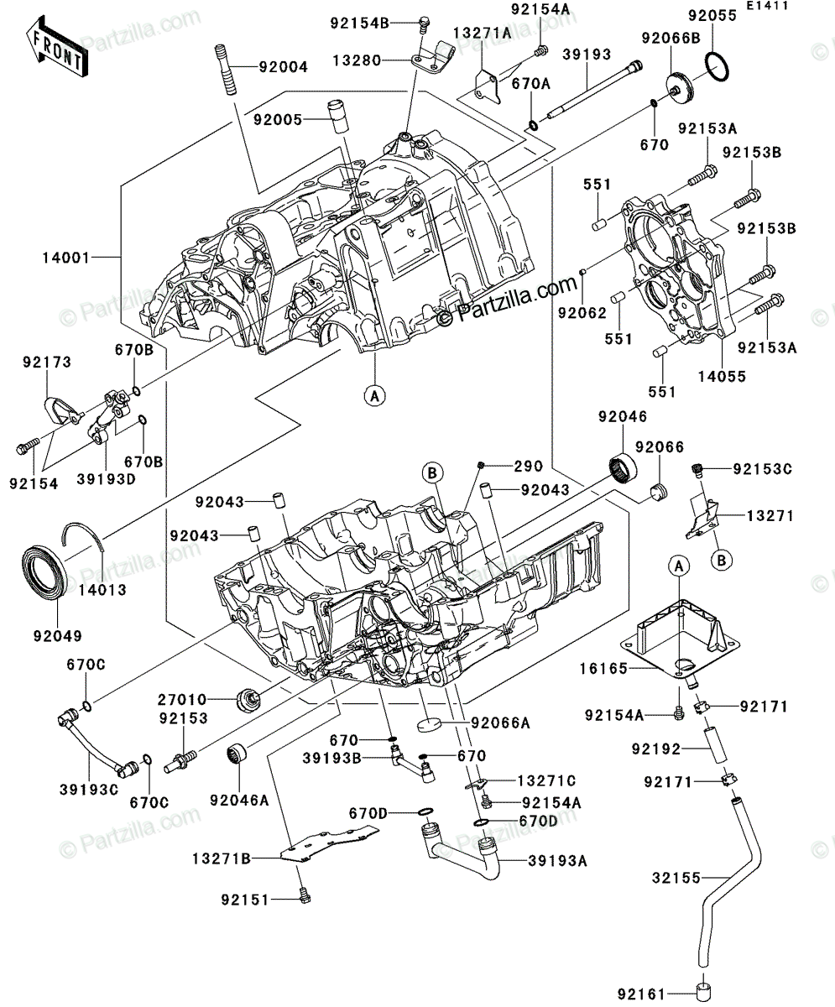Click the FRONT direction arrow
click(x=57, y=46)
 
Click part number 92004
click(x=284, y=67)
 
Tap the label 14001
click(x=66, y=258)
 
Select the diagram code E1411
click(x=767, y=6)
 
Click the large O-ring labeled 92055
click(x=717, y=66)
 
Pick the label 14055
click(x=722, y=377)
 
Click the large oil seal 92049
click(x=44, y=571)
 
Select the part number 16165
click(x=604, y=669)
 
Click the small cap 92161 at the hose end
click(x=704, y=990)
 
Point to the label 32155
click(x=676, y=878)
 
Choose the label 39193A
click(x=557, y=861)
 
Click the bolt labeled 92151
click(x=304, y=895)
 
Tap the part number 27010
click(x=182, y=699)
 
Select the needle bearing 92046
click(x=623, y=467)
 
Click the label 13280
click(x=357, y=60)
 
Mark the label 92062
click(x=582, y=314)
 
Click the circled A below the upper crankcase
click(x=375, y=396)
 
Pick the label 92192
click(x=656, y=749)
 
